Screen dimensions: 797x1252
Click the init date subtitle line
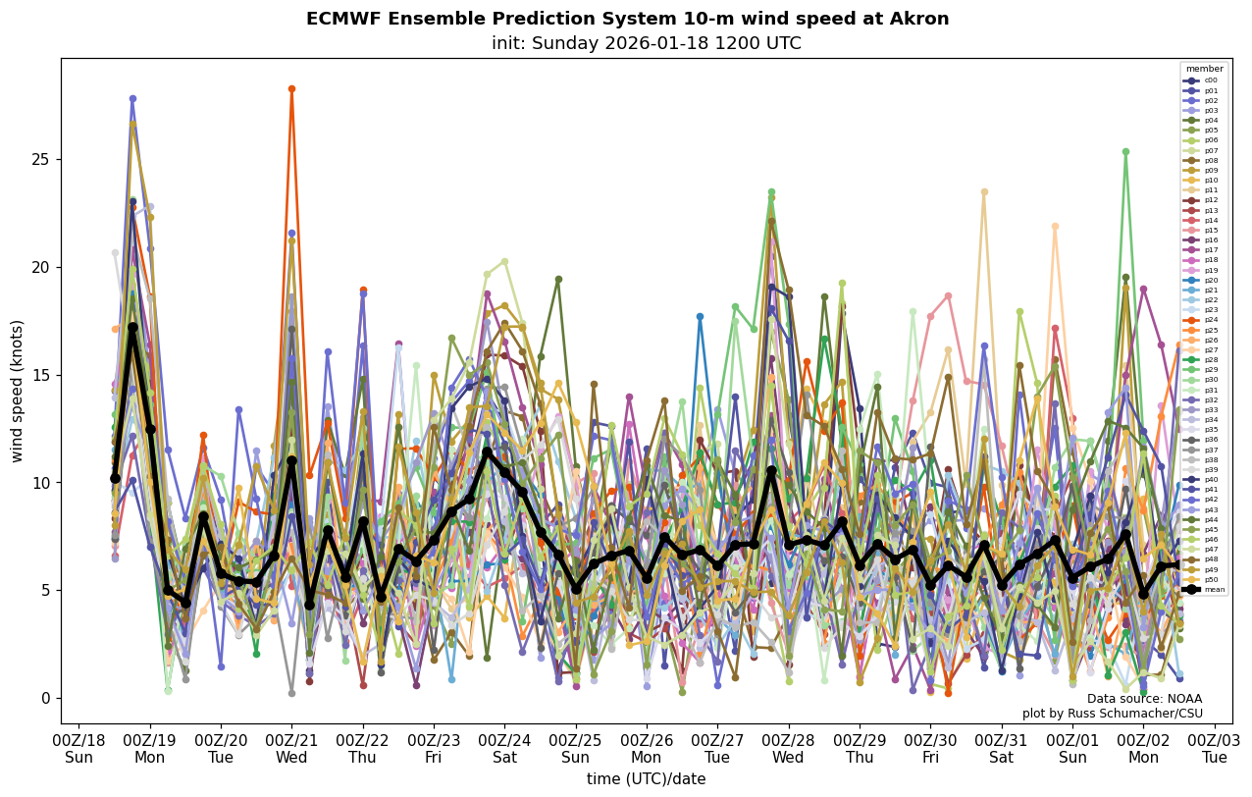click(x=647, y=43)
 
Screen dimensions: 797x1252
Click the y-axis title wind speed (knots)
click(x=17, y=391)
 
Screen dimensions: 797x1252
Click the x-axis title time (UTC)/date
click(x=646, y=779)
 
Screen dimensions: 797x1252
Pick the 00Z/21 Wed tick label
click(x=291, y=748)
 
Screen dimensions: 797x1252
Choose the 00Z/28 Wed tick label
click(x=789, y=748)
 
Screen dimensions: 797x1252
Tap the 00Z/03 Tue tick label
click(x=1215, y=748)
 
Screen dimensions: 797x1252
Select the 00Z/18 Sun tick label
click(x=78, y=748)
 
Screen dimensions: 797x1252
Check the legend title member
click(x=1204, y=69)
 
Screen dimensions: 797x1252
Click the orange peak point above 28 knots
click(x=291, y=89)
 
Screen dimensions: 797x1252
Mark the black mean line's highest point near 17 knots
click(x=132, y=328)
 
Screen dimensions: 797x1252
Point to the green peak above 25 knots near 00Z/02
click(x=1125, y=152)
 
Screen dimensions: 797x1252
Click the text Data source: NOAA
click(x=1144, y=699)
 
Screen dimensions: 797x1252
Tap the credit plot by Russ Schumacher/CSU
click(x=1112, y=714)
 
